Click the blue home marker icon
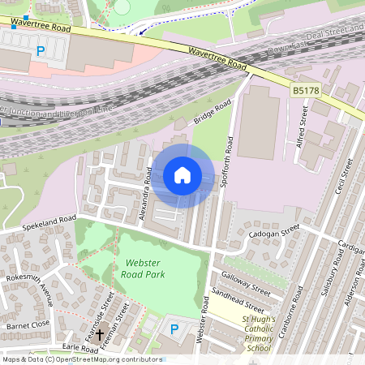coord(182,175)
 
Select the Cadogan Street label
coord(275,233)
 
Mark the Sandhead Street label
coord(238,301)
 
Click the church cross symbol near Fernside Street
coord(101,334)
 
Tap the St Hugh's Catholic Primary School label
coord(259,334)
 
